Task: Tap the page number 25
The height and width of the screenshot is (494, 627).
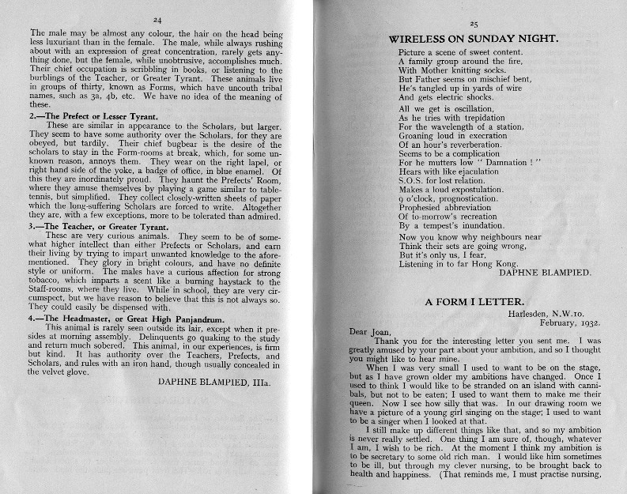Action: point(474,25)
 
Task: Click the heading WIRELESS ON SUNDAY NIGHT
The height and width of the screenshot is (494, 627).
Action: point(474,38)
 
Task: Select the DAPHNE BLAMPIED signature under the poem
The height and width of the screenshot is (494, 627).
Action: point(548,272)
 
